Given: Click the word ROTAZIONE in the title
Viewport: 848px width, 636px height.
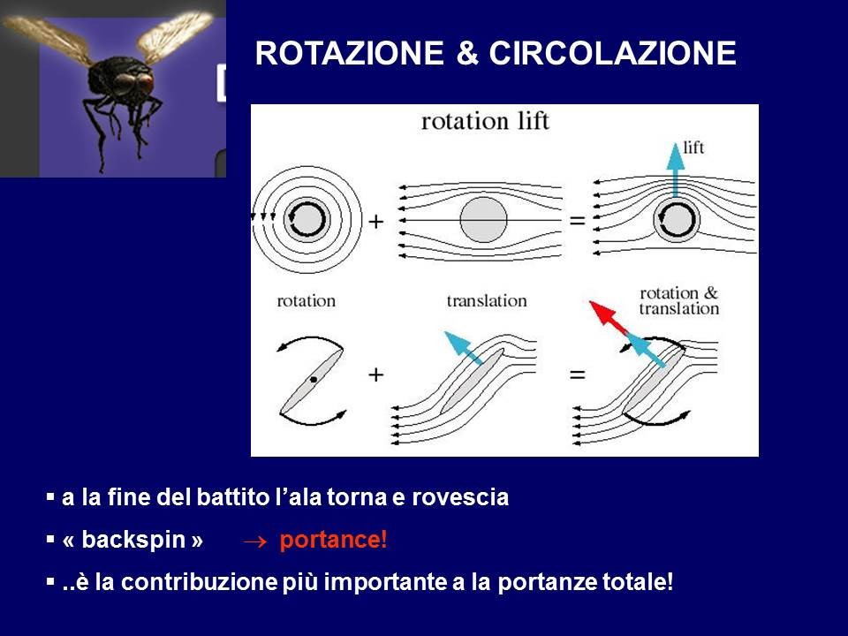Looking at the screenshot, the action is point(350,53).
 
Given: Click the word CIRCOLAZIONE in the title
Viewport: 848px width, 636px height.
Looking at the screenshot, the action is point(612,53).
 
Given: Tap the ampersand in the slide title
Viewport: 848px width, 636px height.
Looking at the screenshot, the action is point(466,53).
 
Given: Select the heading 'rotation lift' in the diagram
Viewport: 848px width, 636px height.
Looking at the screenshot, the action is point(485,121).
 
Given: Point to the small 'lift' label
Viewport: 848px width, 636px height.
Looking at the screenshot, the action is point(693,148).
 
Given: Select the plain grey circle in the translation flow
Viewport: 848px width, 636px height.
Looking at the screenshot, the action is point(483,220).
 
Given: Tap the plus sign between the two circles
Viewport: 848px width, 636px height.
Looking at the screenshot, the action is point(376,221).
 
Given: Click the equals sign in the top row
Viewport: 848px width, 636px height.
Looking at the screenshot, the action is point(577,221).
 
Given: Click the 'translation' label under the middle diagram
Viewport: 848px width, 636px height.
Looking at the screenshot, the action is point(487,300).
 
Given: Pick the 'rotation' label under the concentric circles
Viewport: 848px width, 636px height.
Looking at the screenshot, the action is point(307,300).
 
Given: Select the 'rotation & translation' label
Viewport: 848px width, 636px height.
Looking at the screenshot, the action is point(678,300).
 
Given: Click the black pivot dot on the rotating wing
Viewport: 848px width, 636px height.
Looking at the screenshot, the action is point(314,380).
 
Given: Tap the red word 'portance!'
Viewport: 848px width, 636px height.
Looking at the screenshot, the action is point(333,540).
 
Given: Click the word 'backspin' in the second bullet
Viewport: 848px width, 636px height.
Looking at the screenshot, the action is point(133,540).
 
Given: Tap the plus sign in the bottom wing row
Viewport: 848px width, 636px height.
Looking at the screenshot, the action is point(376,375).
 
